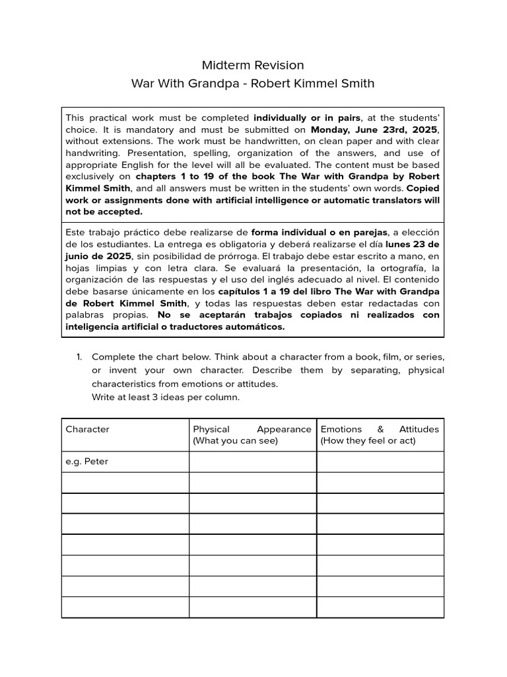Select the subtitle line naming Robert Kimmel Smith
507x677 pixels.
[253, 83]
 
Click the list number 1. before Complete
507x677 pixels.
[79, 357]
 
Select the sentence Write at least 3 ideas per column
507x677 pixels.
[166, 397]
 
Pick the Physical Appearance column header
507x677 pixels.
[252, 434]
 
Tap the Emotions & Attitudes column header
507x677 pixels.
[380, 434]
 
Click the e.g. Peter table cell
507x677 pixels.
[87, 461]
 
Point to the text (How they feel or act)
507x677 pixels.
[368, 440]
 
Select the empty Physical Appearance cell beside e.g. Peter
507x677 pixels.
[252, 461]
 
